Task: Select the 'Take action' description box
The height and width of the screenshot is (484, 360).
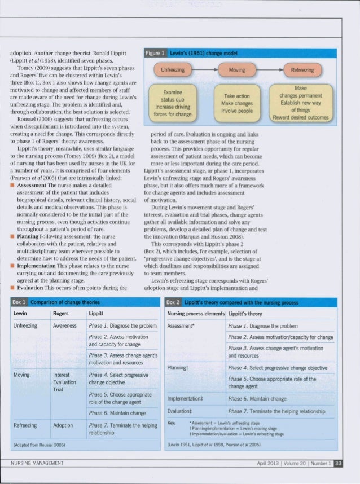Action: coord(236,103)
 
